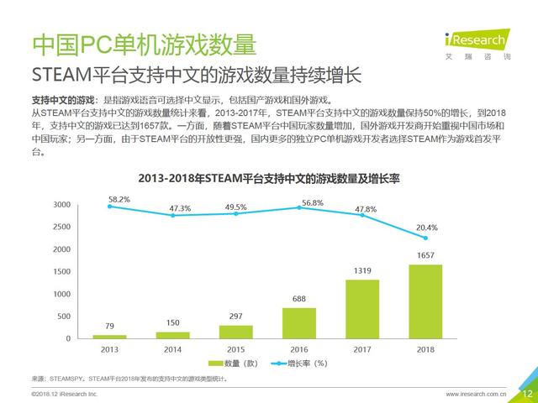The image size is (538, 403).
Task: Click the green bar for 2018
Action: point(425,301)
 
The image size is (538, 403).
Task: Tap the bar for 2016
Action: point(299,323)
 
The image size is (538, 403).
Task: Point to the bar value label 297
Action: point(236,317)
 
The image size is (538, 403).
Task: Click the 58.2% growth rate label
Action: point(119,199)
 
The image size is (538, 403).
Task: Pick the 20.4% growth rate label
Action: point(426,227)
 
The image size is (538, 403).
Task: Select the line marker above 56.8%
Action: point(299,207)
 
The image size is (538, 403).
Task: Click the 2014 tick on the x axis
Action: point(173,348)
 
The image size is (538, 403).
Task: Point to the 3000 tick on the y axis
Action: point(61,205)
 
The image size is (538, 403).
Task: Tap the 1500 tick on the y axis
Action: point(61,271)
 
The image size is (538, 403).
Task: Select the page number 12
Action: point(527,393)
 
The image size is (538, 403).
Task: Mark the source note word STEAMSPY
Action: point(64,379)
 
